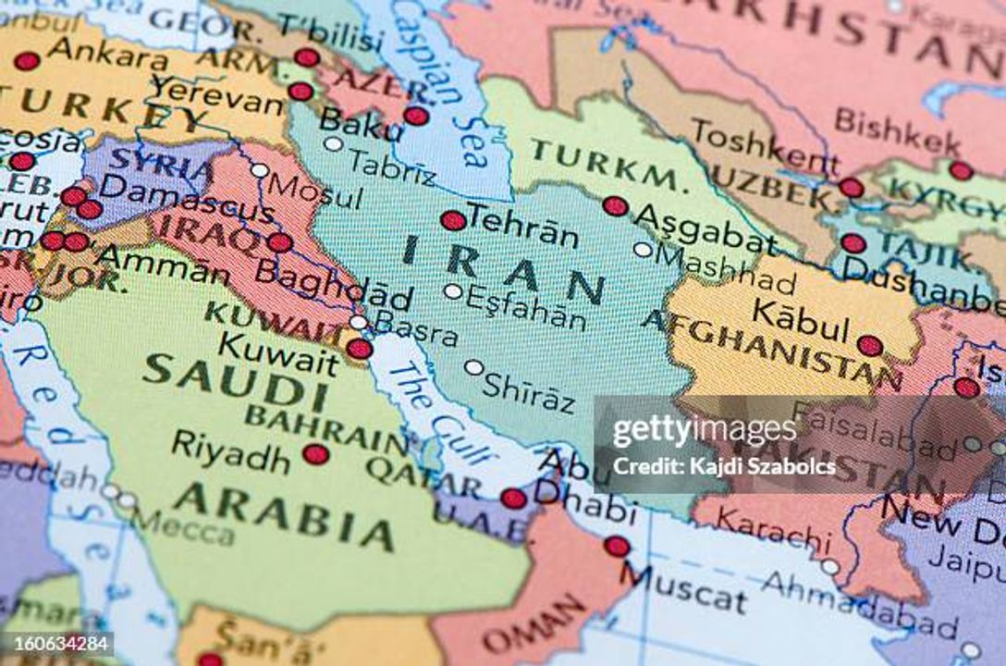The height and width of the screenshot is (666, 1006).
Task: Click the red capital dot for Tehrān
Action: click(453, 220)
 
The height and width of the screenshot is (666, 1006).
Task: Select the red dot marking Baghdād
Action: click(279, 242)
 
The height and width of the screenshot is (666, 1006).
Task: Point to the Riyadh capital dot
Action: click(315, 453)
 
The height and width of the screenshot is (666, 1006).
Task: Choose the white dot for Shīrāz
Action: click(473, 367)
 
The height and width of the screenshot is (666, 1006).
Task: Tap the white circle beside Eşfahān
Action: click(452, 291)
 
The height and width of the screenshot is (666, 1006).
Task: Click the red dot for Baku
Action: click(416, 116)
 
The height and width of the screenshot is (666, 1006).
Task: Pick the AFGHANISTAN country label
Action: click(772, 350)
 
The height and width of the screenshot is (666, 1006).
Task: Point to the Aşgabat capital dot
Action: click(615, 206)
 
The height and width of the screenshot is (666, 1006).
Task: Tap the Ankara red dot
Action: click(27, 61)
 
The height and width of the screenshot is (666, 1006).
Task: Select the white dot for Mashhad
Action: click(643, 249)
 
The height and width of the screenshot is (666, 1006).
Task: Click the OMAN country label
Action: click(535, 628)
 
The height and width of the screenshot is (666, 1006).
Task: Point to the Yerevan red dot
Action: click(300, 92)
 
